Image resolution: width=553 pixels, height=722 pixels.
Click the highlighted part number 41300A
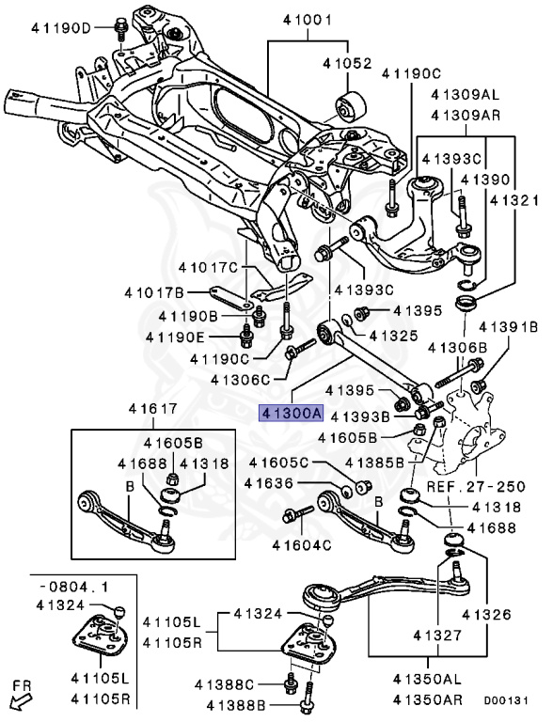292,414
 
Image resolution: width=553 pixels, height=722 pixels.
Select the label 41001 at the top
308,21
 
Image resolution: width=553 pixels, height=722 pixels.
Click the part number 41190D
61,27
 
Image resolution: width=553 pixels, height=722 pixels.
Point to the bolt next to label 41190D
120,29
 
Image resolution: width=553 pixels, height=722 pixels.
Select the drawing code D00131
506,700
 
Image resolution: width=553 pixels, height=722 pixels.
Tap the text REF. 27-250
476,486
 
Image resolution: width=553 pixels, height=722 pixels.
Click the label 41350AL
427,679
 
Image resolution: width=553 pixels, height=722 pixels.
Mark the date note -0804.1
73,587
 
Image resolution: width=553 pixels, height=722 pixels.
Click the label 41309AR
466,115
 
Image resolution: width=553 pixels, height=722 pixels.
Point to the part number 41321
513,200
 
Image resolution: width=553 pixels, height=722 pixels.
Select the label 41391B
508,327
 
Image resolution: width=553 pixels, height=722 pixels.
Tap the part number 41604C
302,545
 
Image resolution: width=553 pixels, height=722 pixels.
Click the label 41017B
154,292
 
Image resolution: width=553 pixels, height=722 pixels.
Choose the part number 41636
269,483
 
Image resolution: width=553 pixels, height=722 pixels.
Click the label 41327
437,636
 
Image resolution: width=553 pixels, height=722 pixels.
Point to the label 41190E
175,337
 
